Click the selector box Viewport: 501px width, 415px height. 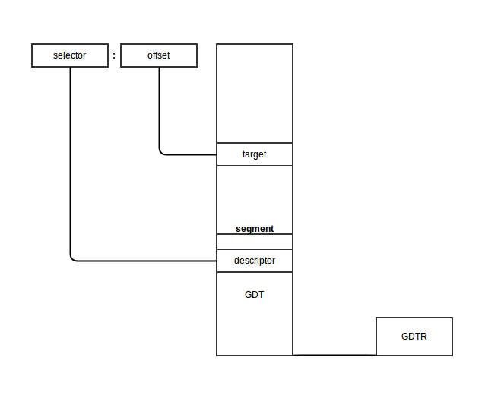coord(70,55)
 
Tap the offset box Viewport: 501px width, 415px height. coord(159,55)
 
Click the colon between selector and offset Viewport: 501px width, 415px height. coord(114,55)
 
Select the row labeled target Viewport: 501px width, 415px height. coord(255,154)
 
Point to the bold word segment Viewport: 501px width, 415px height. coord(255,229)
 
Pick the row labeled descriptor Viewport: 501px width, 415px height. coord(255,261)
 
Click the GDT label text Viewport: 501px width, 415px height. coord(255,295)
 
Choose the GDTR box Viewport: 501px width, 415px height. coord(414,337)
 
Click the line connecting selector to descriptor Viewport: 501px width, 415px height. coord(71,167)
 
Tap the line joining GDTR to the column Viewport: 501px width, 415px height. coord(335,355)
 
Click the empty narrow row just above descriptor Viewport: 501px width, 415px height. coord(255,242)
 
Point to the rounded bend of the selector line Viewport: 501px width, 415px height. coord(73,258)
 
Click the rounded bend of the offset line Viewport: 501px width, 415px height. coord(161,152)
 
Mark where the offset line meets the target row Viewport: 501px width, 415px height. coord(217,154)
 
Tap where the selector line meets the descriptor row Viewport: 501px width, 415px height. coord(217,261)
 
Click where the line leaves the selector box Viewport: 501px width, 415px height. coord(71,67)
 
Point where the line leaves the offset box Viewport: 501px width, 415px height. coord(159,67)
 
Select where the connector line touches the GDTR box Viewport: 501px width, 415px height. coord(376,355)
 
